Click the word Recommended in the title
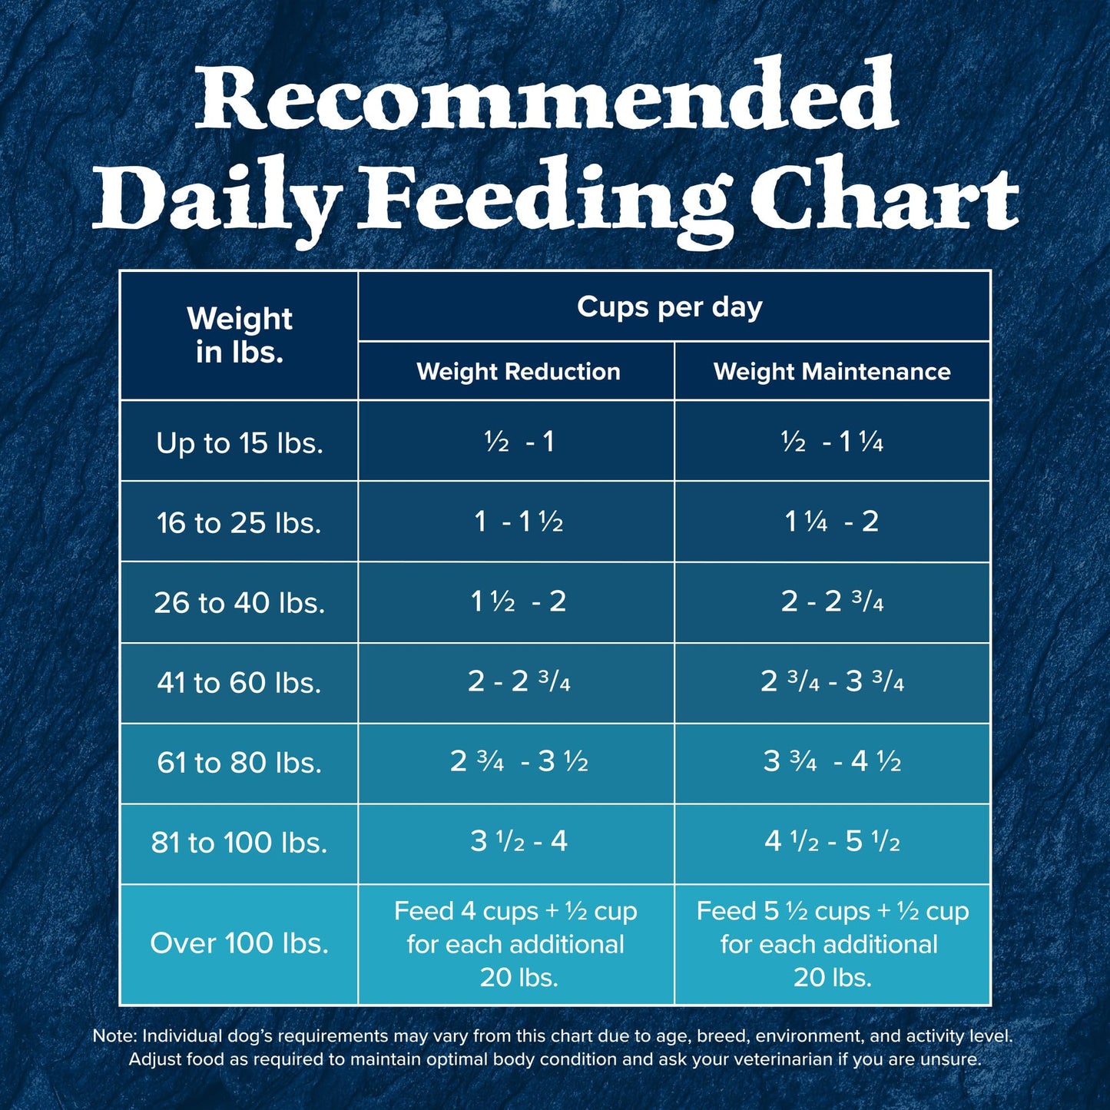(x=547, y=98)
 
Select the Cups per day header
(x=670, y=306)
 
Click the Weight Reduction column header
(x=519, y=372)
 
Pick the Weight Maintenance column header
(x=832, y=372)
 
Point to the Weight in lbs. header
(x=239, y=335)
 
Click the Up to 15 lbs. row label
(x=239, y=442)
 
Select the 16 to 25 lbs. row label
(x=239, y=522)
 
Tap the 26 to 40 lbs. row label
(x=239, y=602)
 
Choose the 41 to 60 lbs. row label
(x=239, y=682)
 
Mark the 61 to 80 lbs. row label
(x=239, y=762)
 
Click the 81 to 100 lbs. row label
(x=239, y=842)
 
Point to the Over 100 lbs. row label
(x=239, y=943)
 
